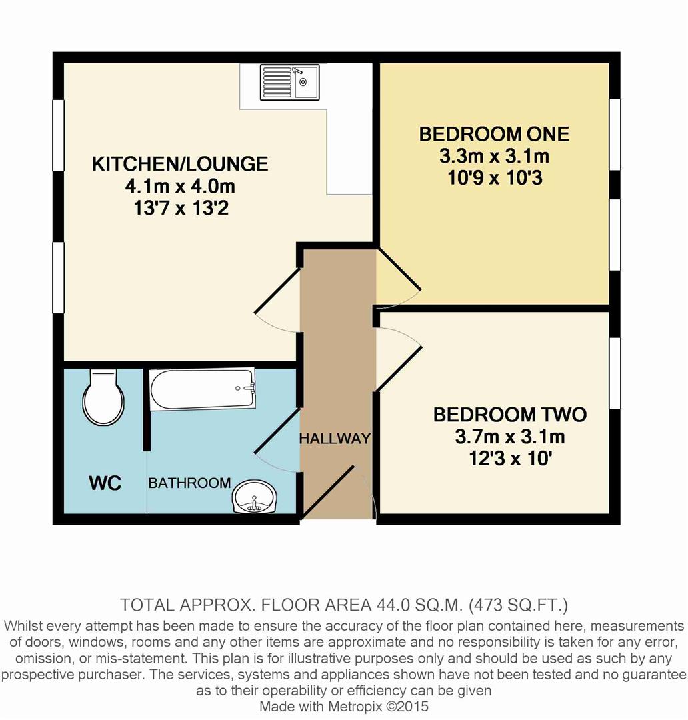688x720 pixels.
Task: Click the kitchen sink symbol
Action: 289,82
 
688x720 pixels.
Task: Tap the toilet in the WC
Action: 103,398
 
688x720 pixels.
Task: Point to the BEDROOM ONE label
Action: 494,134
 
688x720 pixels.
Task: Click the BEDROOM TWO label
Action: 510,415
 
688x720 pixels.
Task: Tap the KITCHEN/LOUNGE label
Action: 179,163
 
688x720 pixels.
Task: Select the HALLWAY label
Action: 334,439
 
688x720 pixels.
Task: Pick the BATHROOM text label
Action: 189,483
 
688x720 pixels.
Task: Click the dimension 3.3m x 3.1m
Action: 494,157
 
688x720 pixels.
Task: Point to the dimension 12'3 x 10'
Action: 510,459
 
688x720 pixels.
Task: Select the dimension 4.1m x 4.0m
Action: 179,185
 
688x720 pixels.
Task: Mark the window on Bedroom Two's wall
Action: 615,373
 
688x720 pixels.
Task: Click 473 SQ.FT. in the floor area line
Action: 519,605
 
